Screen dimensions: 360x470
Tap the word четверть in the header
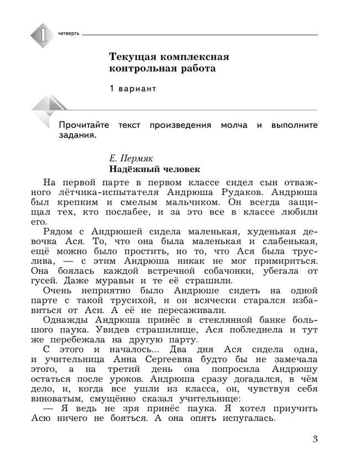(x=69, y=34)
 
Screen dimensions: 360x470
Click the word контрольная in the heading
(x=143, y=69)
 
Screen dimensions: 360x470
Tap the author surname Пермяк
(x=141, y=158)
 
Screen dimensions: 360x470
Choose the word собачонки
(x=232, y=271)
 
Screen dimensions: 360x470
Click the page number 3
(x=315, y=441)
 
